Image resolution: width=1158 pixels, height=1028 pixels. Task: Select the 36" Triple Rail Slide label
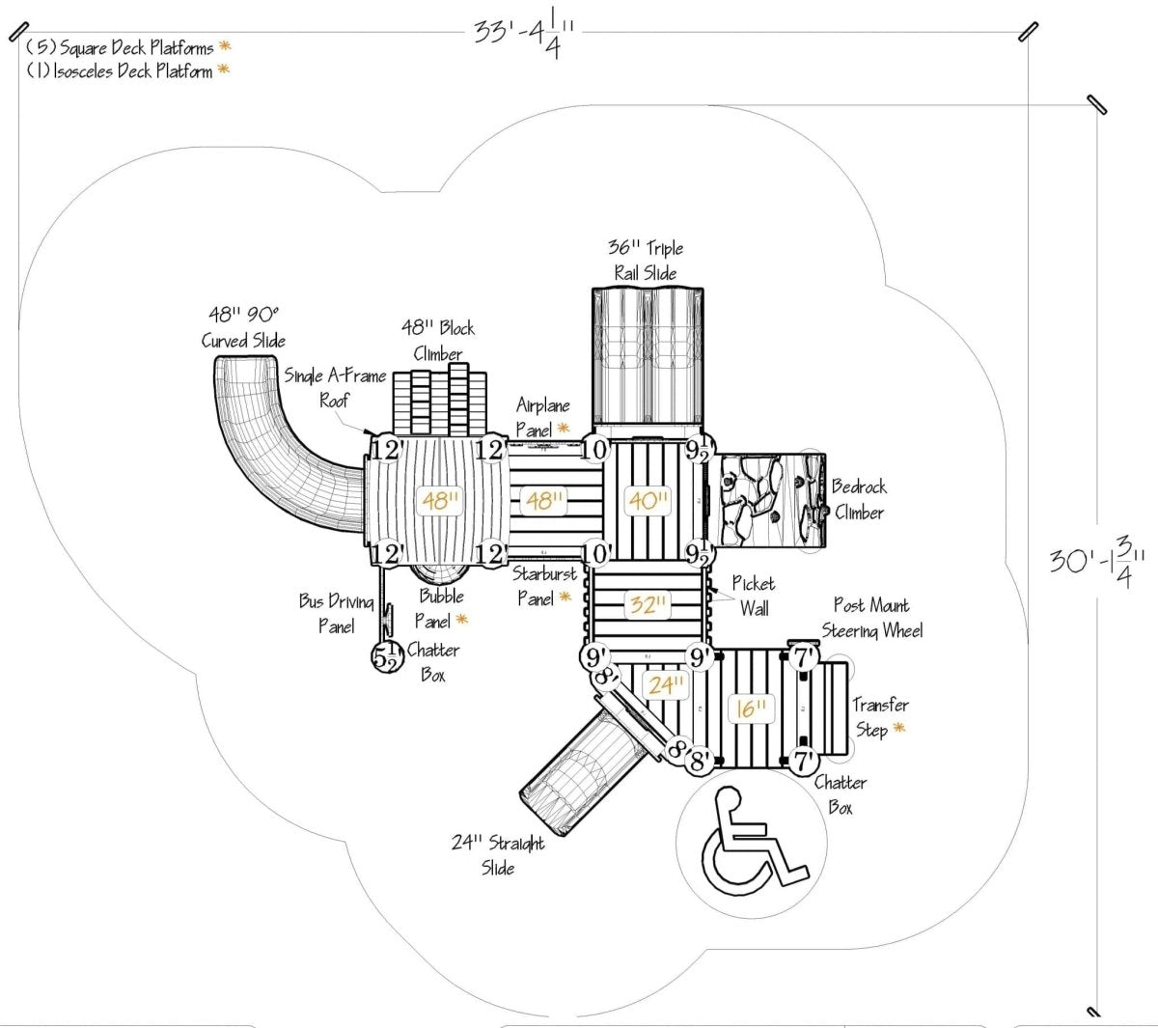click(x=646, y=261)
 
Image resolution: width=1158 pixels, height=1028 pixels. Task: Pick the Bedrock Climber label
click(x=858, y=499)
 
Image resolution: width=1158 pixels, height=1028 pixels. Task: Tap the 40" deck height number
click(x=648, y=500)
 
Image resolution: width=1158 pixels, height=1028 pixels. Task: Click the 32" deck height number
click(x=647, y=605)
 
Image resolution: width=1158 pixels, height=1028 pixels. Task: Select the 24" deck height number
click(x=666, y=685)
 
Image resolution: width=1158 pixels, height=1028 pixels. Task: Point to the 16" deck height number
click(x=750, y=708)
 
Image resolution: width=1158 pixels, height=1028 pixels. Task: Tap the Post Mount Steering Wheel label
click(x=872, y=618)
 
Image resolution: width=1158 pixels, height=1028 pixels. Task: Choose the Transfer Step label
click(x=879, y=717)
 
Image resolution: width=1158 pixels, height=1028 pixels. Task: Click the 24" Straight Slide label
click(x=499, y=855)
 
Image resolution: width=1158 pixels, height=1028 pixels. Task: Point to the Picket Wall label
click(x=753, y=596)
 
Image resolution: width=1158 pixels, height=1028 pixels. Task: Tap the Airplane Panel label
click(x=542, y=416)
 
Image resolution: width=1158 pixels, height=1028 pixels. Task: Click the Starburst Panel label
click(x=542, y=586)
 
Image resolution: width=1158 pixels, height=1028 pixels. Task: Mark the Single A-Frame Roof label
click(x=334, y=387)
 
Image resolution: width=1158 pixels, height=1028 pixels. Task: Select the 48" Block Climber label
click(x=438, y=340)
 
